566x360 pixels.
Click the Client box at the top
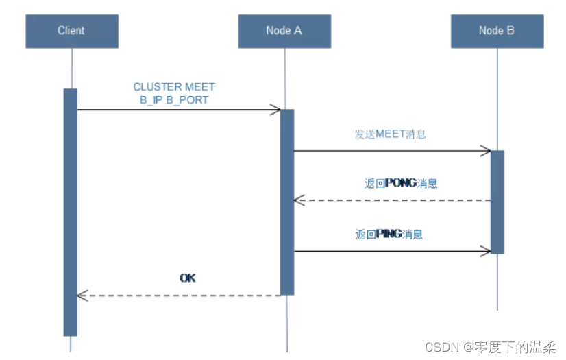point(71,31)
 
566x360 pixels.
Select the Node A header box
point(284,31)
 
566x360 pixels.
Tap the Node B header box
point(497,31)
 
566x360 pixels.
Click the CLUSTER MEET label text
point(174,87)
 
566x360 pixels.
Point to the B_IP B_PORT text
point(174,99)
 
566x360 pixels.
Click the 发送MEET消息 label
point(390,134)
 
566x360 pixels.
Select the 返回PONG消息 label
point(401,183)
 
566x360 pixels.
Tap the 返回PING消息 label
point(389,234)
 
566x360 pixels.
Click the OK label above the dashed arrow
point(187,278)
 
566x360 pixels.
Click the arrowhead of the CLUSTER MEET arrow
point(276,110)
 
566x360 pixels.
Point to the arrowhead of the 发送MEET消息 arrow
point(487,151)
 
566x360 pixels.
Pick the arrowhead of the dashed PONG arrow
point(298,200)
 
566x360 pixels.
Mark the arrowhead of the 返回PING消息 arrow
point(487,252)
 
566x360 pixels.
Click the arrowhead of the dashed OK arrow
point(81,296)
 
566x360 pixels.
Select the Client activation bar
point(71,212)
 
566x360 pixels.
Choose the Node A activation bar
point(287,202)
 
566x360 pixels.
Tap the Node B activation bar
point(497,202)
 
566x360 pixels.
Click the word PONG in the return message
point(401,183)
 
